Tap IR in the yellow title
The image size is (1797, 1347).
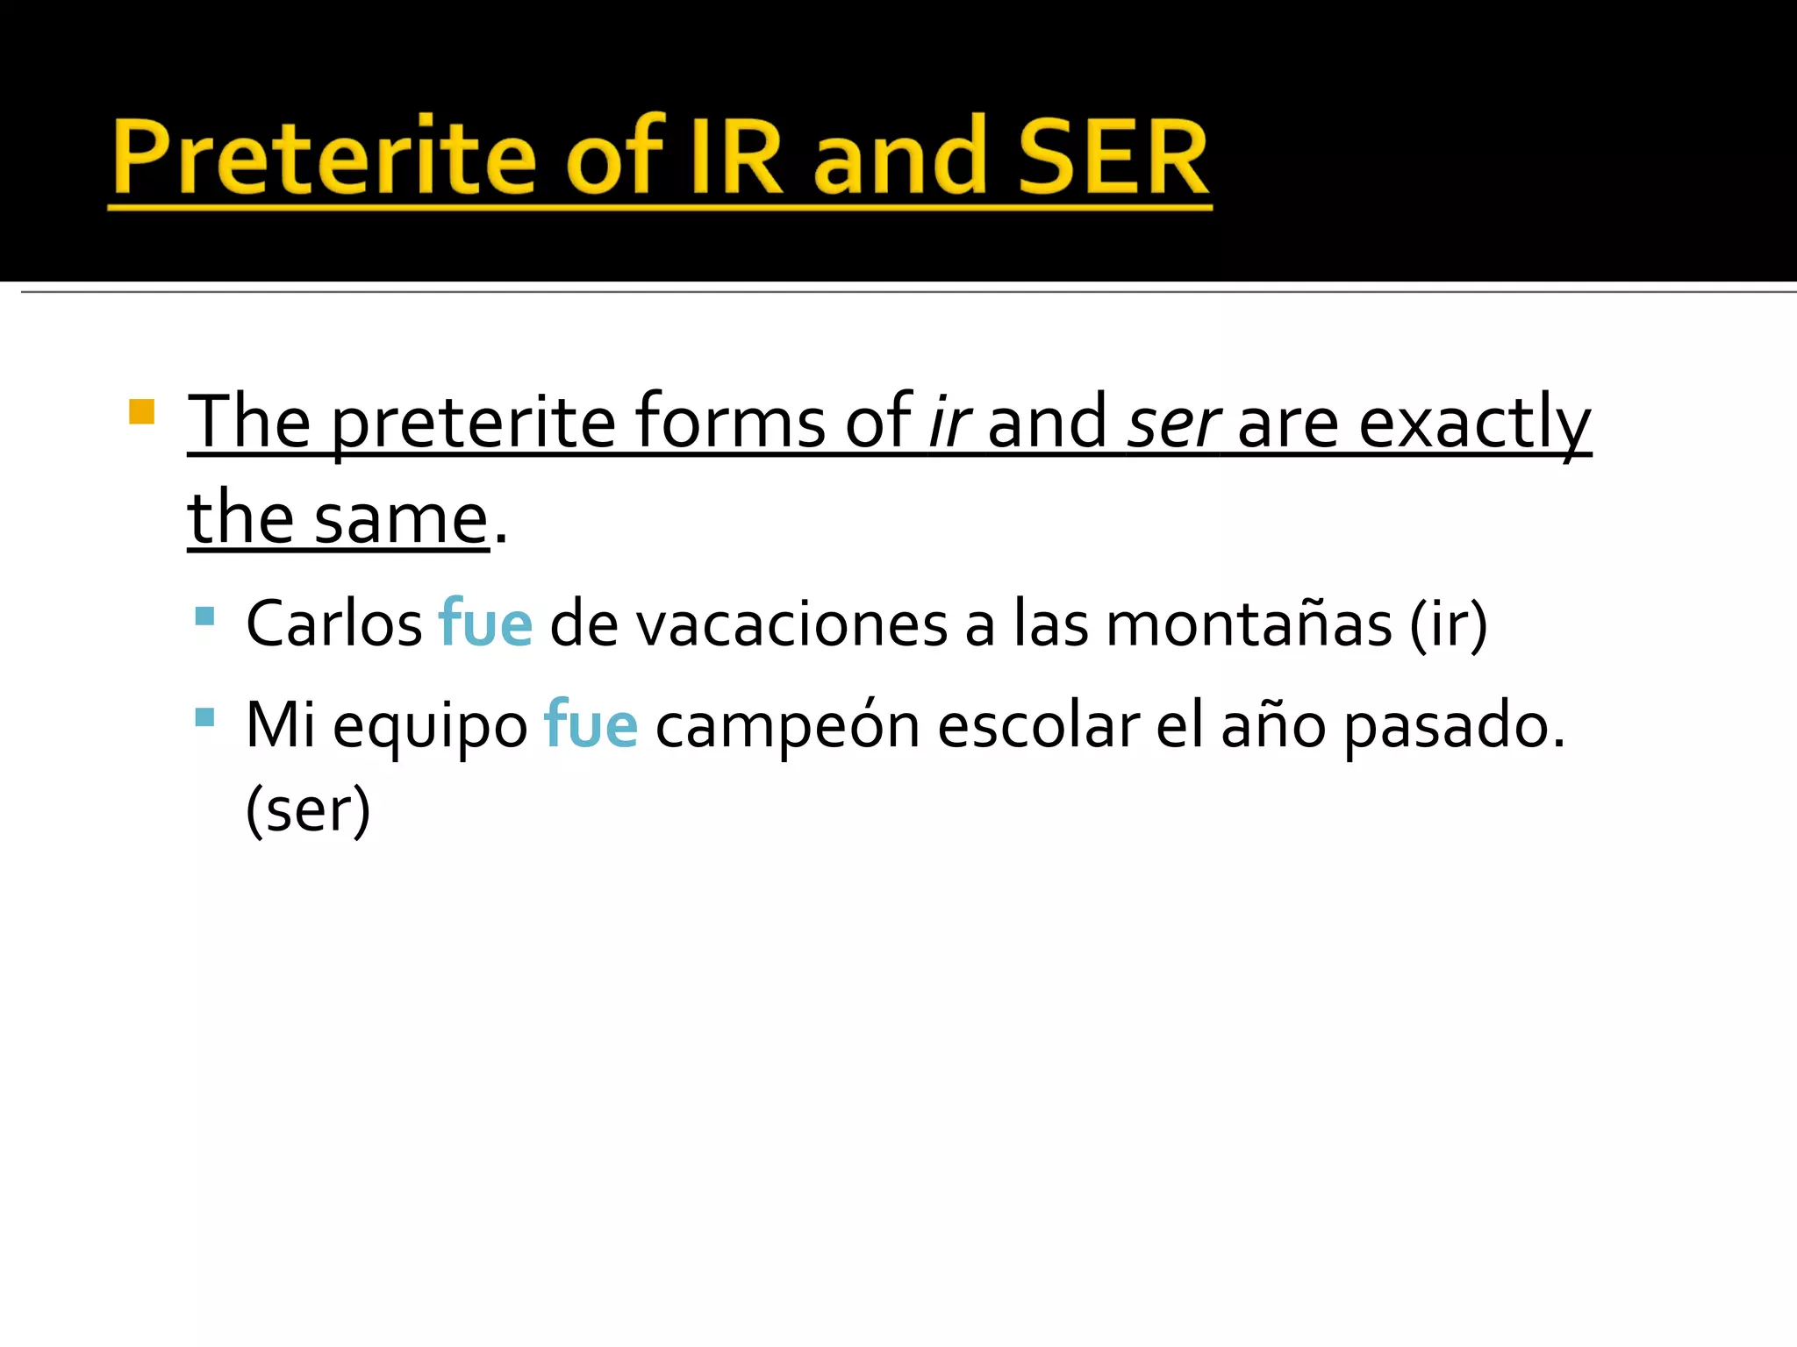pos(735,158)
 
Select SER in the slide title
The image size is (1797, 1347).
pos(1113,158)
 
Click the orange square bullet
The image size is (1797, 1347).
pos(141,411)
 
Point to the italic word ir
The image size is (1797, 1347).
pos(949,422)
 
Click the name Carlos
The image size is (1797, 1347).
pos(334,624)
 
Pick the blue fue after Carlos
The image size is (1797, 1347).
pos(485,624)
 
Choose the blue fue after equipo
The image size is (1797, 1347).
pos(591,725)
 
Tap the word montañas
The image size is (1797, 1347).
pos(1249,624)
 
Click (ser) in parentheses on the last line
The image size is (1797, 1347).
pos(308,809)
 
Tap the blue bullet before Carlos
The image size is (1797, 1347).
pos(204,616)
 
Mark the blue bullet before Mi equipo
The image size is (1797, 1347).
pos(204,717)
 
